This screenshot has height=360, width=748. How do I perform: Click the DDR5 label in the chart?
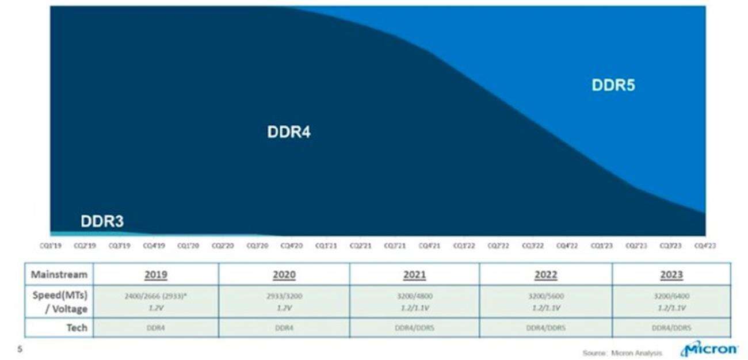[x=613, y=86]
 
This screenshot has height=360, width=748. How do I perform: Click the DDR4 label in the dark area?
[x=289, y=132]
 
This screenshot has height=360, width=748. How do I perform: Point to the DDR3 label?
[x=102, y=221]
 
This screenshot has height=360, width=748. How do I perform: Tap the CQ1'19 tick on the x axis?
[x=51, y=246]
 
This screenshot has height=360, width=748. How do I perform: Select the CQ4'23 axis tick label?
[x=704, y=246]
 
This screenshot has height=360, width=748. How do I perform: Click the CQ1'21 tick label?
[x=326, y=246]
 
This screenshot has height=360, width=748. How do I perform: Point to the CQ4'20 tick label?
[x=292, y=246]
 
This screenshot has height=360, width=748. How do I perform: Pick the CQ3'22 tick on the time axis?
[x=532, y=246]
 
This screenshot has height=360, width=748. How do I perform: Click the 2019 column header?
[x=155, y=274]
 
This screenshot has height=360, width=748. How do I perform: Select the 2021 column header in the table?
[x=414, y=274]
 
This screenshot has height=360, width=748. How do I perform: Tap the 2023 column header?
[x=671, y=274]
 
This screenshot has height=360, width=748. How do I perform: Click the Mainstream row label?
[x=59, y=274]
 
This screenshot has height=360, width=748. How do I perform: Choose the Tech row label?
[x=77, y=327]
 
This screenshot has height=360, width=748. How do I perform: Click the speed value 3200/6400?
[x=671, y=296]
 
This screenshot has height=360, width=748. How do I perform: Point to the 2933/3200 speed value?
[x=284, y=296]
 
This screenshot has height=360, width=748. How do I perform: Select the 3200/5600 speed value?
[x=545, y=296]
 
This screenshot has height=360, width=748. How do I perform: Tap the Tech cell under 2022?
[x=545, y=327]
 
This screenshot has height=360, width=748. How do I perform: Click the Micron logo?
[x=709, y=349]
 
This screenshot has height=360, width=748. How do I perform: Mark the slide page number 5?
[x=20, y=348]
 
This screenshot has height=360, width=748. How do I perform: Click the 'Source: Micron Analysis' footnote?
[x=621, y=353]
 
